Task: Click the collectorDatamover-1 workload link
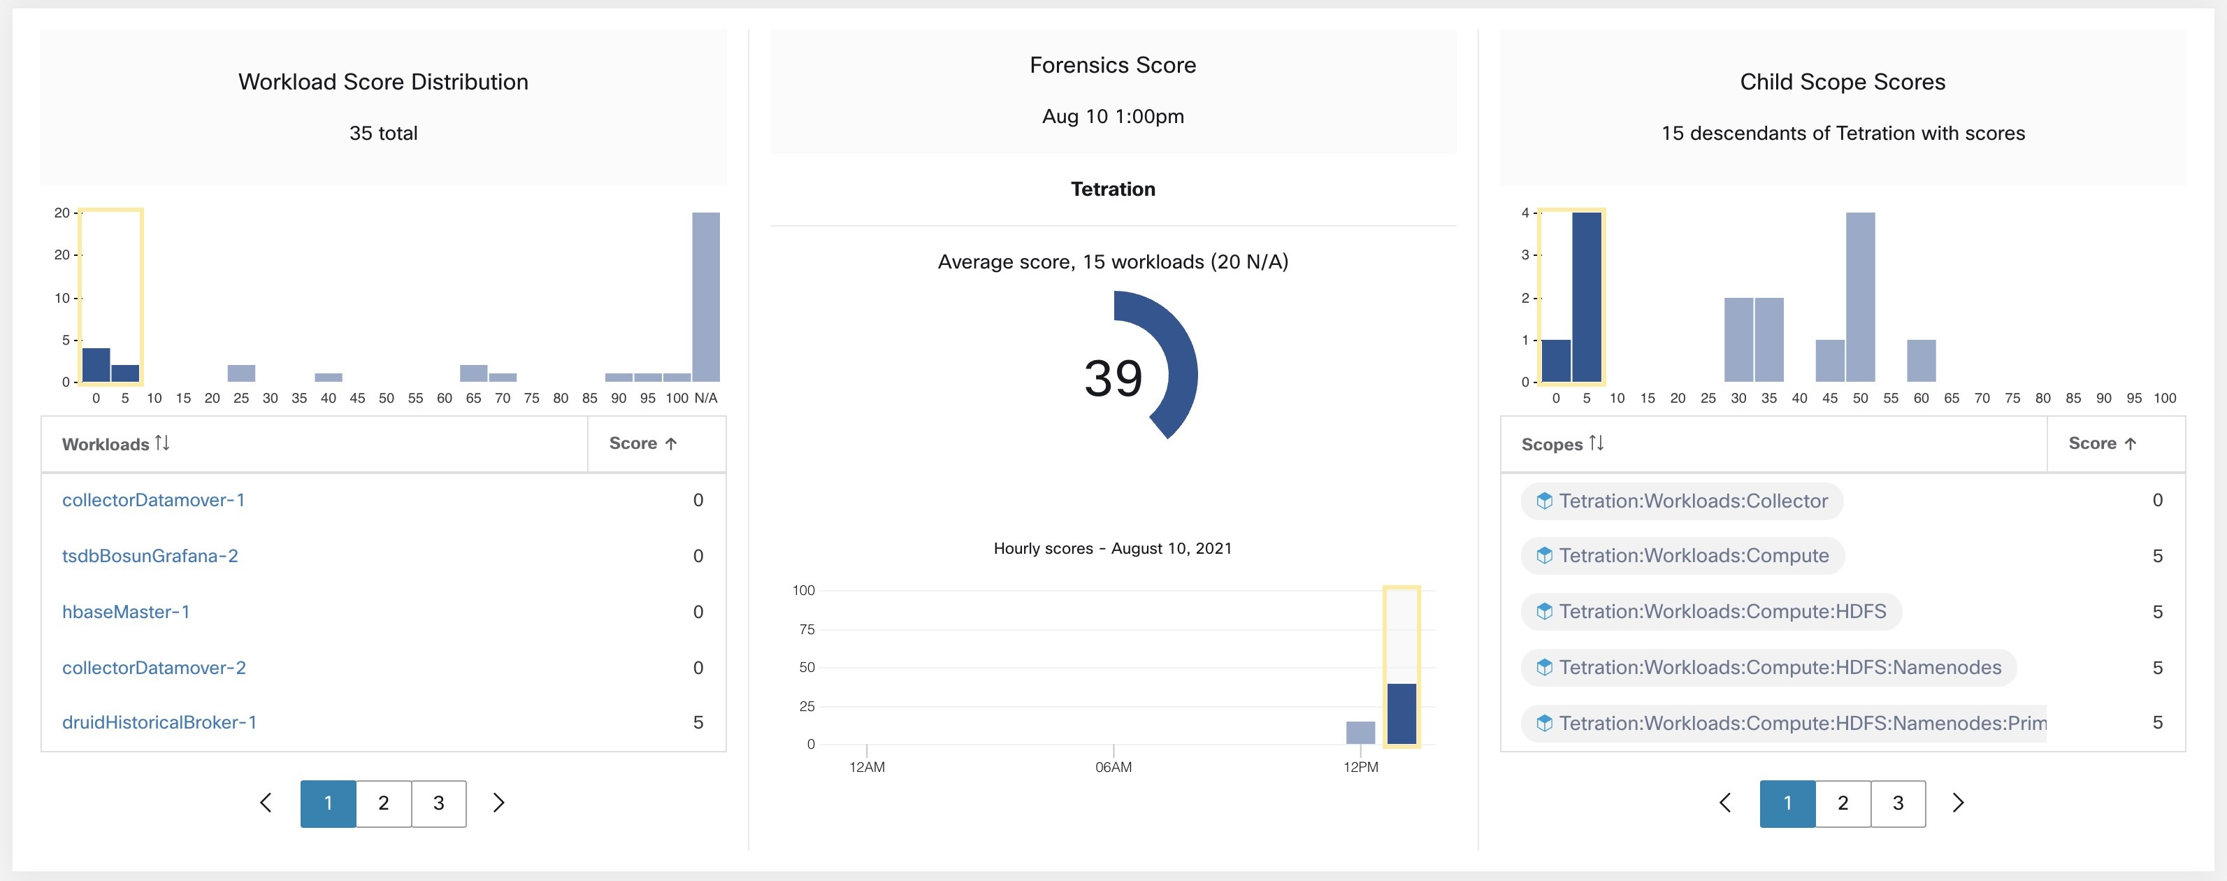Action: pos(153,501)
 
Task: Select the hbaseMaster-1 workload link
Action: pos(125,612)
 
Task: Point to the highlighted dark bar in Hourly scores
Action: pos(1401,713)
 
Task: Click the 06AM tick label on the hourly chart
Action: pos(1113,767)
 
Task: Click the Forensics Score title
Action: pos(1113,66)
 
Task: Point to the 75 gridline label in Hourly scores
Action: pos(806,629)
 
